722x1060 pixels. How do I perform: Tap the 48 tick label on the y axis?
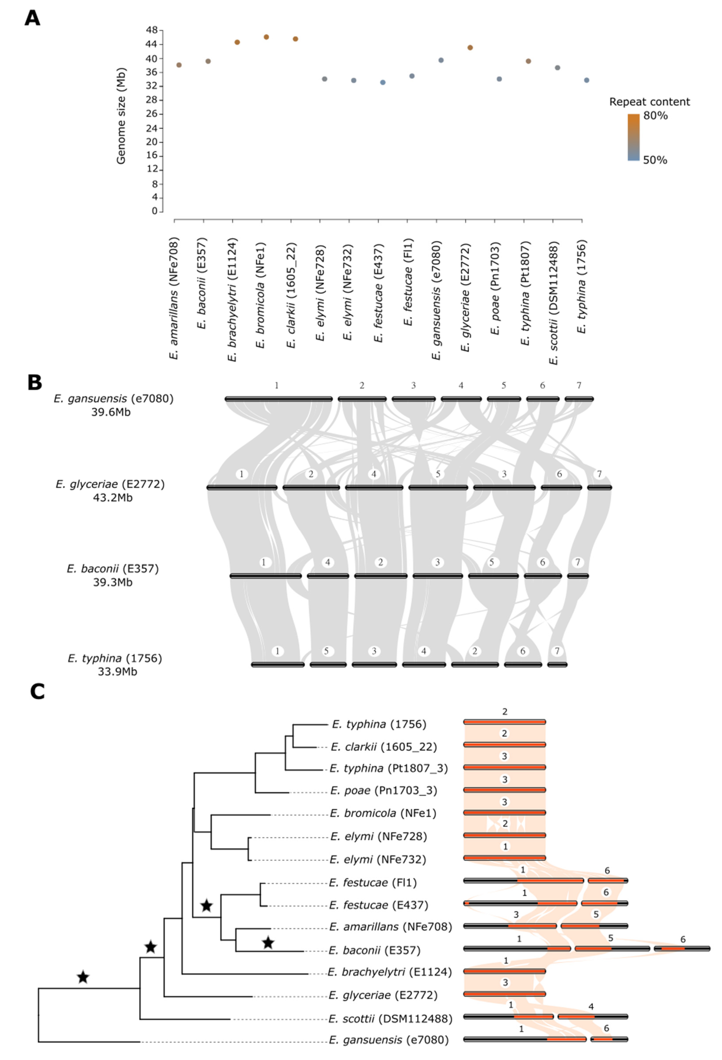(152, 30)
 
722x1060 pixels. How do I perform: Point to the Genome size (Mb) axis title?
(121, 116)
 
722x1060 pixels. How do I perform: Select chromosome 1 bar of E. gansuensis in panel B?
(279, 399)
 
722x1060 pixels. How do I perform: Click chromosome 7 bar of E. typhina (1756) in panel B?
(557, 665)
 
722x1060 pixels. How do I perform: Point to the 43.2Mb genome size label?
(113, 498)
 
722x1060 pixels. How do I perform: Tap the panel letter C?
(37, 692)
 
